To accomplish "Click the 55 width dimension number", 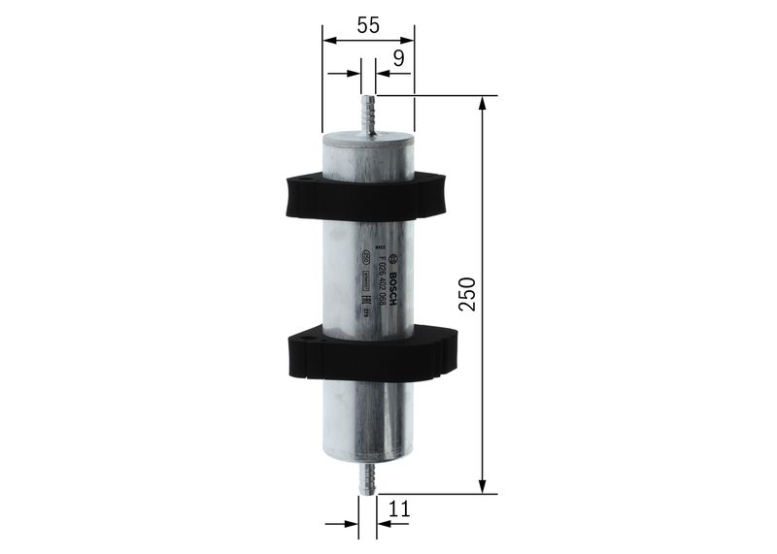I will (367, 26).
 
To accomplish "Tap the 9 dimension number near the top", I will (398, 59).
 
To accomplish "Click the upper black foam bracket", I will (364, 195).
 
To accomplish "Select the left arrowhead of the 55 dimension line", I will (328, 41).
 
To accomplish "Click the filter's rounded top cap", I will (367, 138).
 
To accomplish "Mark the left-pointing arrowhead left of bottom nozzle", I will (349, 524).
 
